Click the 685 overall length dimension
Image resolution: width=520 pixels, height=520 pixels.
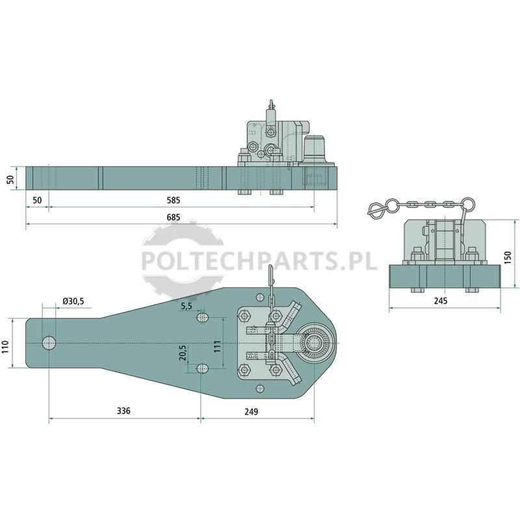(174, 217)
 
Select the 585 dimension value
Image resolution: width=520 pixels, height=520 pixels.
(174, 200)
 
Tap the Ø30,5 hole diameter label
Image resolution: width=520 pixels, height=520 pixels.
(73, 301)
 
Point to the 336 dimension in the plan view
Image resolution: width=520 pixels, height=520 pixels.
(123, 411)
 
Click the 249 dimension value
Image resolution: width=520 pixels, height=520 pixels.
(252, 411)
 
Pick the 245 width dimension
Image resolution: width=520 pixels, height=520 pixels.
(441, 301)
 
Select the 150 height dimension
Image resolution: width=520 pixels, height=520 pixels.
(508, 257)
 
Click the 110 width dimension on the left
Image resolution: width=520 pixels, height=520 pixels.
(6, 346)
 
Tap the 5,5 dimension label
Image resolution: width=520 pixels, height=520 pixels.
(187, 306)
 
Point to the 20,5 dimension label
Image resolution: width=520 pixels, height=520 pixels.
(183, 353)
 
